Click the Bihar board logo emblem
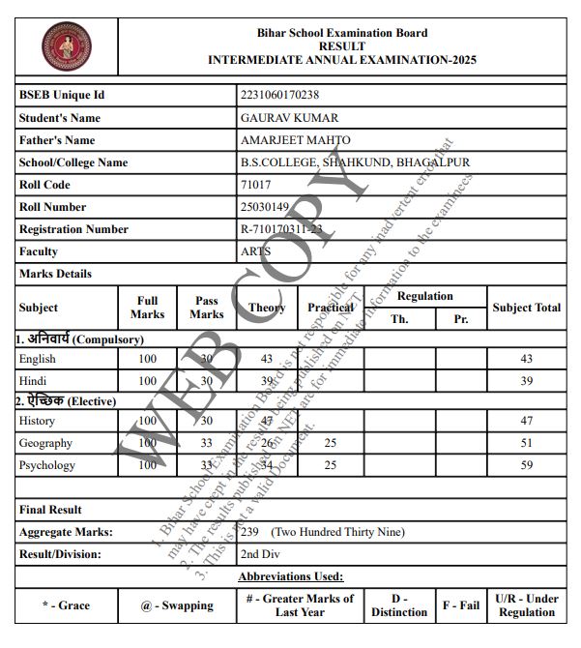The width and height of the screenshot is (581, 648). point(65,46)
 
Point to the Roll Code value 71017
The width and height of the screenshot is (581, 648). point(255,185)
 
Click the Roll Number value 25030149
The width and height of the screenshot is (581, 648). point(265,207)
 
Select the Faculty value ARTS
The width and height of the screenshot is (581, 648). point(255,251)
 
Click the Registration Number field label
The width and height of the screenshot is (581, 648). point(73,229)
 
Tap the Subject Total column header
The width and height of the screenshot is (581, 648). point(526,308)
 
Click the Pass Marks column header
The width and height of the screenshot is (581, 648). point(206,308)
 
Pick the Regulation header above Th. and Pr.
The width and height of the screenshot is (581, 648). point(424,296)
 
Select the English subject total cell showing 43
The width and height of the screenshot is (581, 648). point(526,359)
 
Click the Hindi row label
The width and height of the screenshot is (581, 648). point(33,381)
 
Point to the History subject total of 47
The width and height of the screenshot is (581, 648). point(526,421)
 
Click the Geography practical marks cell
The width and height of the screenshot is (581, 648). point(330,443)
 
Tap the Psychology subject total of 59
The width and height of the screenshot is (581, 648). point(526,465)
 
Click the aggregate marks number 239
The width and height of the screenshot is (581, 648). point(250,532)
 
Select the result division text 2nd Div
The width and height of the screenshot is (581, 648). point(262,554)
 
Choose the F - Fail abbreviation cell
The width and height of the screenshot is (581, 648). point(461,605)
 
